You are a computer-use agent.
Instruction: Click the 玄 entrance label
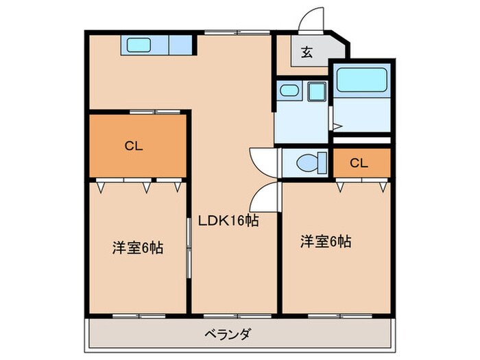click(x=306, y=53)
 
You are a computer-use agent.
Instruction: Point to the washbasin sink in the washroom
click(x=289, y=91)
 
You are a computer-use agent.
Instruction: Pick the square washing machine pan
click(x=316, y=91)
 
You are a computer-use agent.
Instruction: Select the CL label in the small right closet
click(x=357, y=163)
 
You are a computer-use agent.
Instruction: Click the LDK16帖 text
click(x=228, y=221)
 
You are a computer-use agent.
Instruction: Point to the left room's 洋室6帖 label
click(x=137, y=248)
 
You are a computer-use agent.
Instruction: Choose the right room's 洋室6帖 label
click(x=326, y=241)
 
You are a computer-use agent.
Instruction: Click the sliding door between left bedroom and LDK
click(x=189, y=247)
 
